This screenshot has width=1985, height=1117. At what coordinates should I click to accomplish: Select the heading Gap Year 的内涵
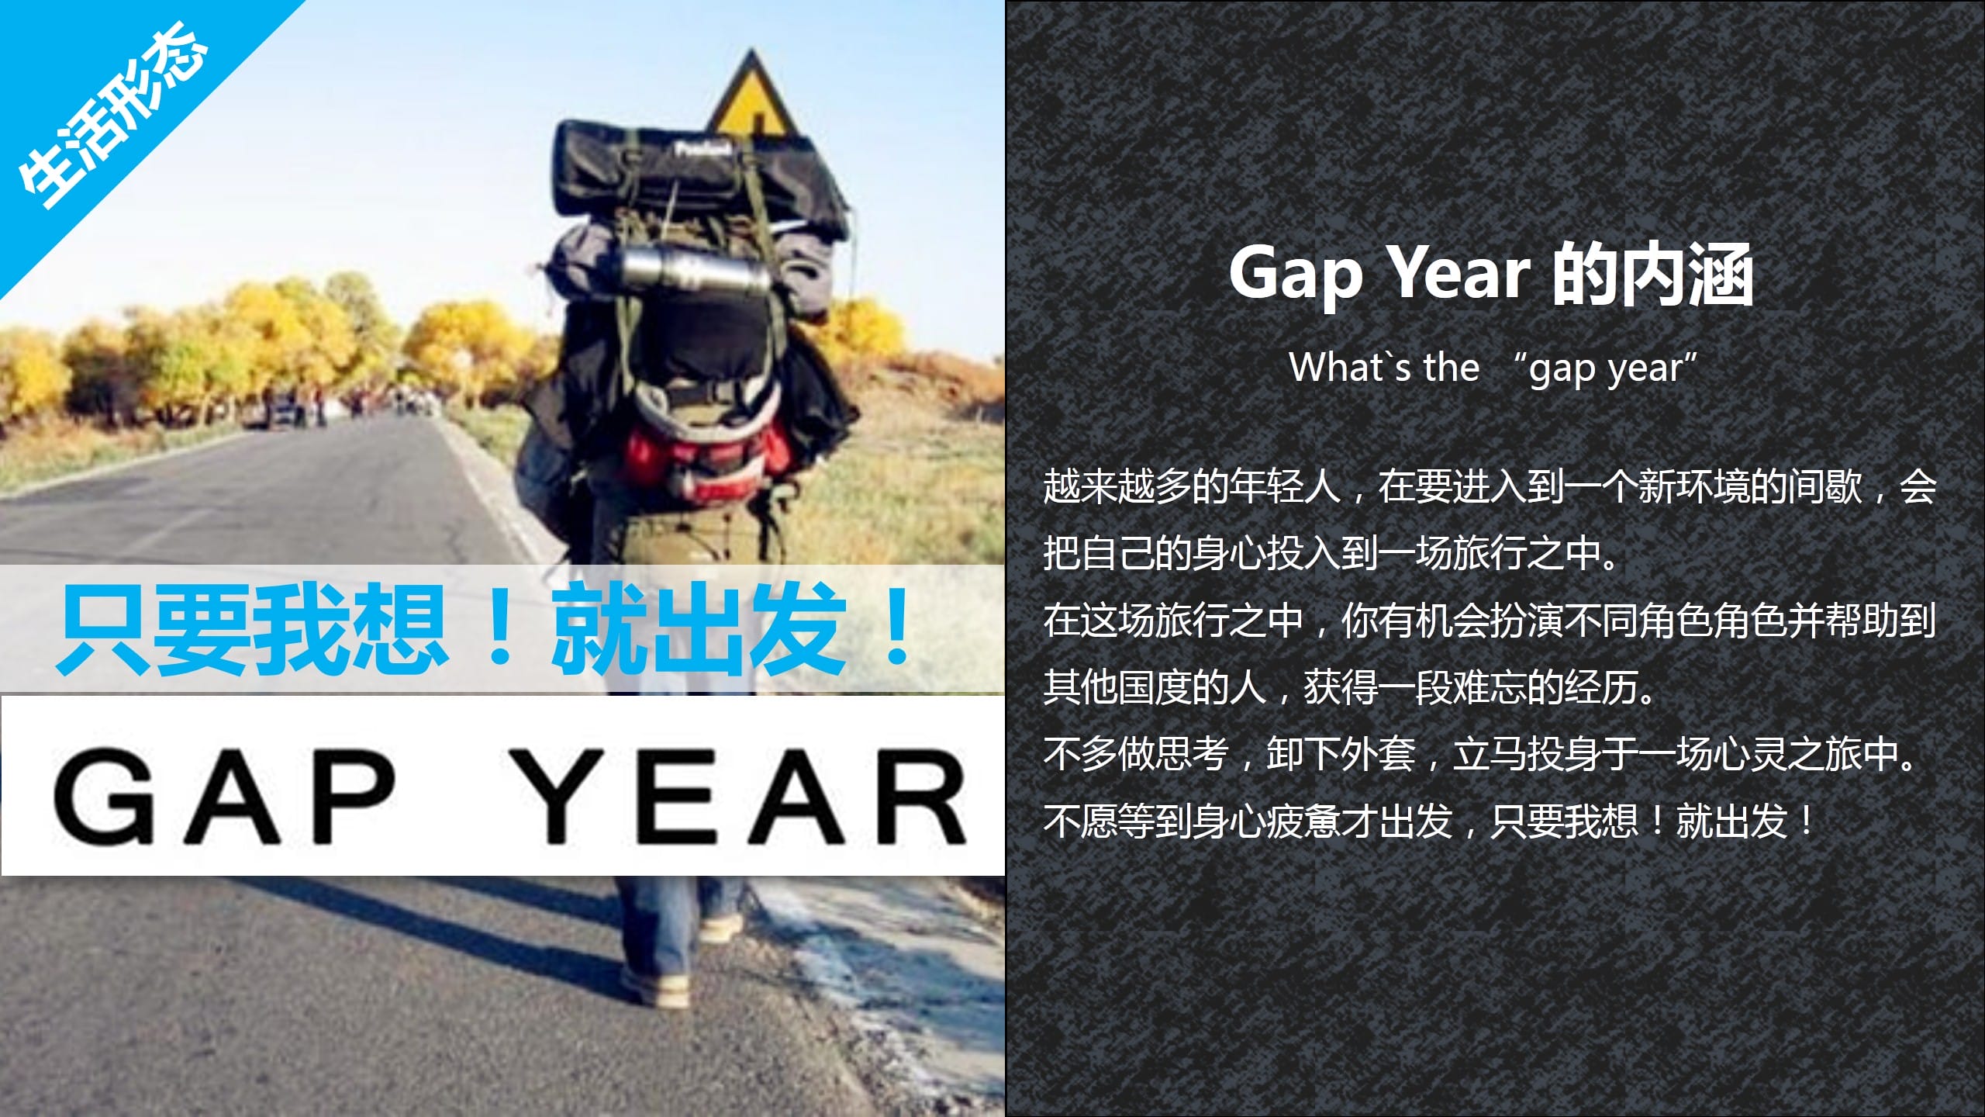1490,274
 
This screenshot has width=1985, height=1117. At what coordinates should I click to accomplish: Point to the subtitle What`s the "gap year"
1493,367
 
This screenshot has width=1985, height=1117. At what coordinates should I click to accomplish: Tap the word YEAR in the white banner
740,796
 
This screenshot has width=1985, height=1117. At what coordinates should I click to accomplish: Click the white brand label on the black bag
703,149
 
